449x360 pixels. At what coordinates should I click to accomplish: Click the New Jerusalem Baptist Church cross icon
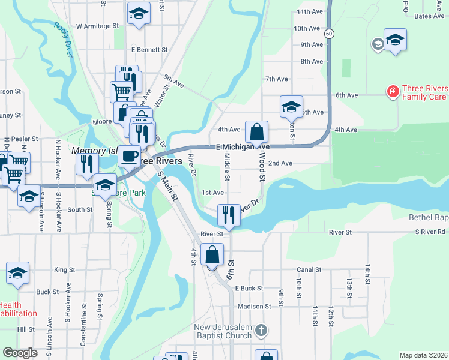coord(261,330)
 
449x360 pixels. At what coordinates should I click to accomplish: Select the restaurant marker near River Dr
coord(228,214)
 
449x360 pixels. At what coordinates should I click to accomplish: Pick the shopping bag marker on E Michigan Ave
coord(256,132)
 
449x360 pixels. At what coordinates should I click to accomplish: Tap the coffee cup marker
coord(129,156)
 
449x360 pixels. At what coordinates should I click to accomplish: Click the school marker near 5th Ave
coord(291,107)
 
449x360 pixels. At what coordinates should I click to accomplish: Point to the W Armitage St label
coord(98,26)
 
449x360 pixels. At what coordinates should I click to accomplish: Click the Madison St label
coord(254,307)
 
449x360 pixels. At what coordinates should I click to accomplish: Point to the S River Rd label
coord(431,232)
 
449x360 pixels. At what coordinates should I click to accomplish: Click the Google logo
coord(20,353)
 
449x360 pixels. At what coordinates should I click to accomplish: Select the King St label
coord(60,270)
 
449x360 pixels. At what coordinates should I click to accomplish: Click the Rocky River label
coord(64,40)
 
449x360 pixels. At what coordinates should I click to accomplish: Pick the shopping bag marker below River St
coord(212,254)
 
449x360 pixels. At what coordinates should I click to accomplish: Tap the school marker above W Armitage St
coord(139,13)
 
